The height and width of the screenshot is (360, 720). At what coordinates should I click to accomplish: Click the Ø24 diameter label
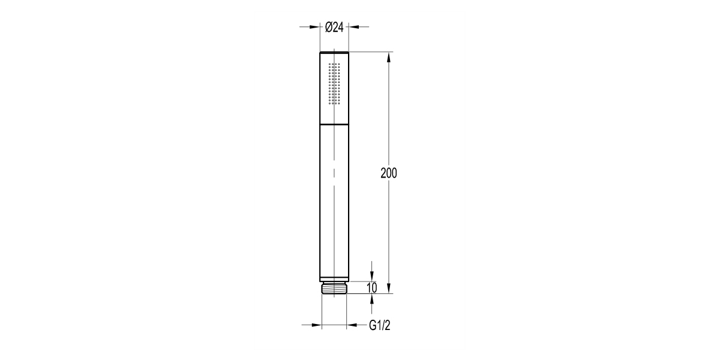334,28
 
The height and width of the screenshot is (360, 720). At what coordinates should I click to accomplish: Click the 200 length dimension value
389,173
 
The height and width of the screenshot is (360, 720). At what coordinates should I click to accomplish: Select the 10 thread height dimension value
372,287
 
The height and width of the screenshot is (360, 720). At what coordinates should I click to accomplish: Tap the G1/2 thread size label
380,325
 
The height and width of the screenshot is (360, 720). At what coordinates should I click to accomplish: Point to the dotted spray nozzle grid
334,83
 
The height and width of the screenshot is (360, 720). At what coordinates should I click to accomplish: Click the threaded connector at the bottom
334,287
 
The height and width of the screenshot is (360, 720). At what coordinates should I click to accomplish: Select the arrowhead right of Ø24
354,26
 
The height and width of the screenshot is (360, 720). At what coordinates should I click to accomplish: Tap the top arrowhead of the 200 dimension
389,57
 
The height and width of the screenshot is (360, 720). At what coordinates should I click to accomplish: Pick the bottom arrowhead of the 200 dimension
389,288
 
